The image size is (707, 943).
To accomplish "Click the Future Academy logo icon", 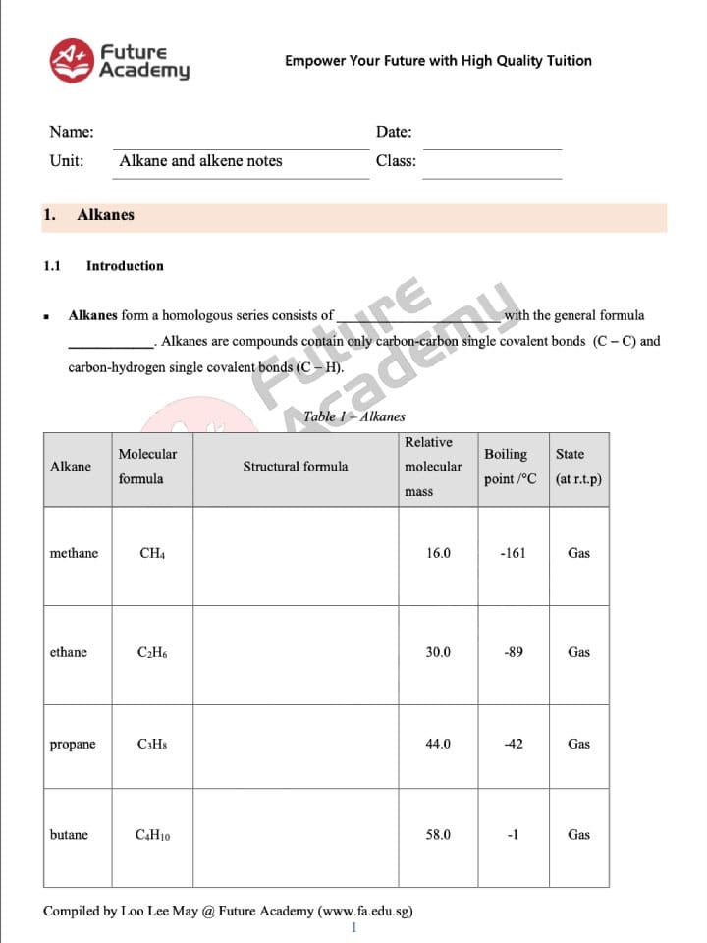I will click(x=72, y=61).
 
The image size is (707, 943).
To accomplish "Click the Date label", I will click(x=394, y=132).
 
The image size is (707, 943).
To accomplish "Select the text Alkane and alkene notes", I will click(x=200, y=160).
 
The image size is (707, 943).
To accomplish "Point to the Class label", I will click(x=396, y=160).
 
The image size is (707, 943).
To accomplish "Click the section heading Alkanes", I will click(x=105, y=215).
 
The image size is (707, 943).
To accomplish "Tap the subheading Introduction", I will click(x=125, y=266).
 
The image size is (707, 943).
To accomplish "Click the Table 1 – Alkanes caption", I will click(x=354, y=416).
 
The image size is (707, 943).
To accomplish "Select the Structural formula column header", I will click(x=296, y=467).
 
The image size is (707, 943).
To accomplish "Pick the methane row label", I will click(x=74, y=553).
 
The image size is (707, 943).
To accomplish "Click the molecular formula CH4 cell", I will click(x=152, y=554).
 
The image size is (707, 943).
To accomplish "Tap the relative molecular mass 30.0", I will click(x=438, y=652).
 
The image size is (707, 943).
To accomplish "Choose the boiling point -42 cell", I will click(x=513, y=744).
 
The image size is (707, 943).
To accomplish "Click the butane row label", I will click(x=69, y=835).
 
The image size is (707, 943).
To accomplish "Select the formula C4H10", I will click(x=152, y=836).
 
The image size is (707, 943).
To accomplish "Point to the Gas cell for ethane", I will click(x=578, y=652).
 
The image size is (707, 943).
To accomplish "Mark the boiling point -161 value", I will click(x=513, y=553).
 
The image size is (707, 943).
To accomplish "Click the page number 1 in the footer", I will click(x=353, y=927).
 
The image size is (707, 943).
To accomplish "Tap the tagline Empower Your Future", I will click(x=438, y=61).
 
